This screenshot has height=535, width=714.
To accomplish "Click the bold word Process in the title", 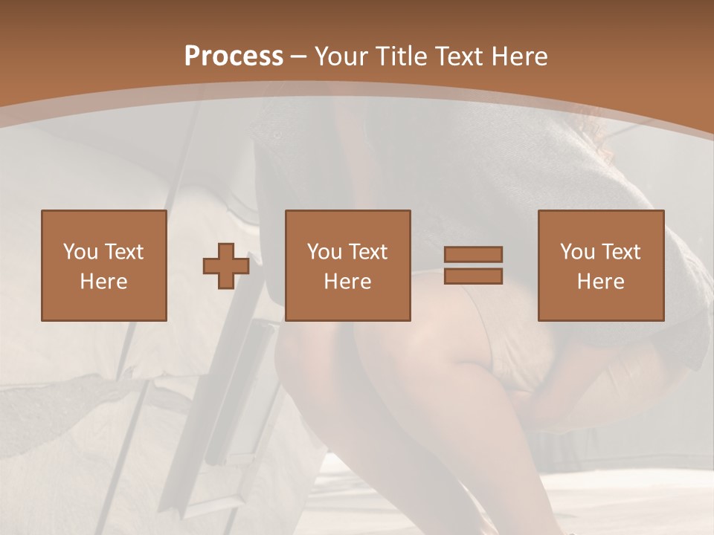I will click(x=234, y=56).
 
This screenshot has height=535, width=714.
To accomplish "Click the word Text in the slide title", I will click(x=460, y=56).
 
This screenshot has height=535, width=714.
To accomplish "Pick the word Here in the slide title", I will click(x=520, y=56).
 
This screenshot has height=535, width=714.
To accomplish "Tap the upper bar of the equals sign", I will click(x=473, y=255).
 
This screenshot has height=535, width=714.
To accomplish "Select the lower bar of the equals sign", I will click(x=473, y=276).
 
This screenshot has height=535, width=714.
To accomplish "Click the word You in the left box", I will click(x=80, y=252).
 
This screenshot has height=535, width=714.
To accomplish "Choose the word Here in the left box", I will click(x=103, y=282).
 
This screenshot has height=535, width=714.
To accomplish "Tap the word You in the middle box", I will click(x=324, y=252).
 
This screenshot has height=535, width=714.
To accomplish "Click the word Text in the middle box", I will click(x=367, y=252).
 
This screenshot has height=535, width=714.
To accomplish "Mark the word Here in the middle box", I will click(x=347, y=282).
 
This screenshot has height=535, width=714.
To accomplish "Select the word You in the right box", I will click(x=577, y=252).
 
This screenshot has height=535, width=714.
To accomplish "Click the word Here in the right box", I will click(x=600, y=282).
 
